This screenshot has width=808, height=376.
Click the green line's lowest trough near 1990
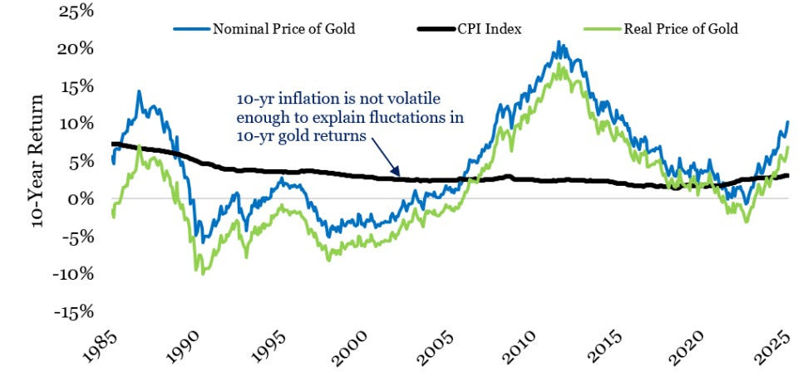(204, 273)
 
